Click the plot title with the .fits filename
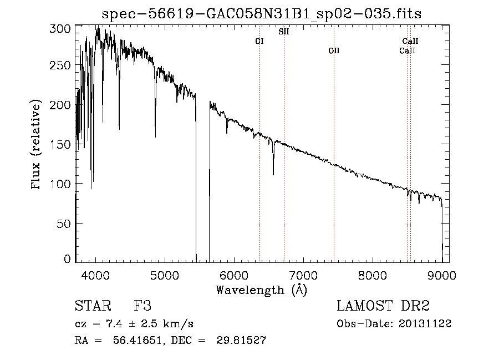tap(262, 14)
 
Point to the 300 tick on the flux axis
tap(62, 28)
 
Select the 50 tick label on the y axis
tap(65, 223)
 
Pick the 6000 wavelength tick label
tap(234, 275)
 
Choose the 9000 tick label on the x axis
tap(442, 275)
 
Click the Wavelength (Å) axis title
tap(262, 290)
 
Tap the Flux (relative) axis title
tap(37, 145)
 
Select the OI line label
tap(259, 41)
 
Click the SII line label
tap(283, 32)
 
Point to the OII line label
tap(333, 50)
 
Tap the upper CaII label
tap(410, 41)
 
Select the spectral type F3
tap(143, 306)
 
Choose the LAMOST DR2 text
tap(383, 306)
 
